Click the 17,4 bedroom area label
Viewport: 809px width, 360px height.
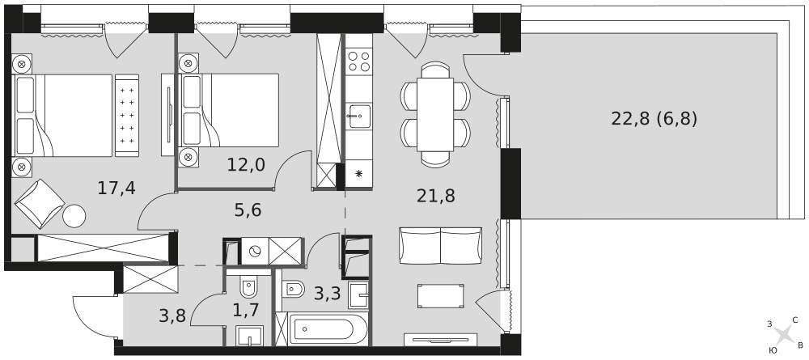[116, 188]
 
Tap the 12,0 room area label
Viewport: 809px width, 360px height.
[246, 164]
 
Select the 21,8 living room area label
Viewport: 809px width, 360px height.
[436, 196]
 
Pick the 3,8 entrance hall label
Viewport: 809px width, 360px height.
[172, 314]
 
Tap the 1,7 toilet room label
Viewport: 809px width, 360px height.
[245, 311]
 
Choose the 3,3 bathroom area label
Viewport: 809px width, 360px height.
[328, 294]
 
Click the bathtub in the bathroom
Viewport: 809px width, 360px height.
[328, 328]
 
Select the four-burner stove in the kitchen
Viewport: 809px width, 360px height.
[358, 61]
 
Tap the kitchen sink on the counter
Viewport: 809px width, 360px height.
[358, 116]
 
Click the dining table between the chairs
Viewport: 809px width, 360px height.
[435, 115]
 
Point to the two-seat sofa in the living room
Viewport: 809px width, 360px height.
[441, 245]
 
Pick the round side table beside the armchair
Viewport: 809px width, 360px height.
[74, 216]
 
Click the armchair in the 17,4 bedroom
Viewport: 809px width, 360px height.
[40, 204]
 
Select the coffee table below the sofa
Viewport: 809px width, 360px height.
[440, 296]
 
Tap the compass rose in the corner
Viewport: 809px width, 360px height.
[784, 335]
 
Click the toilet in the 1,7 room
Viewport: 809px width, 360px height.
[248, 287]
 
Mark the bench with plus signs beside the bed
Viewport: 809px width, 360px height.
[127, 115]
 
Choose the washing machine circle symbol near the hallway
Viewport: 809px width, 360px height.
[254, 251]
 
